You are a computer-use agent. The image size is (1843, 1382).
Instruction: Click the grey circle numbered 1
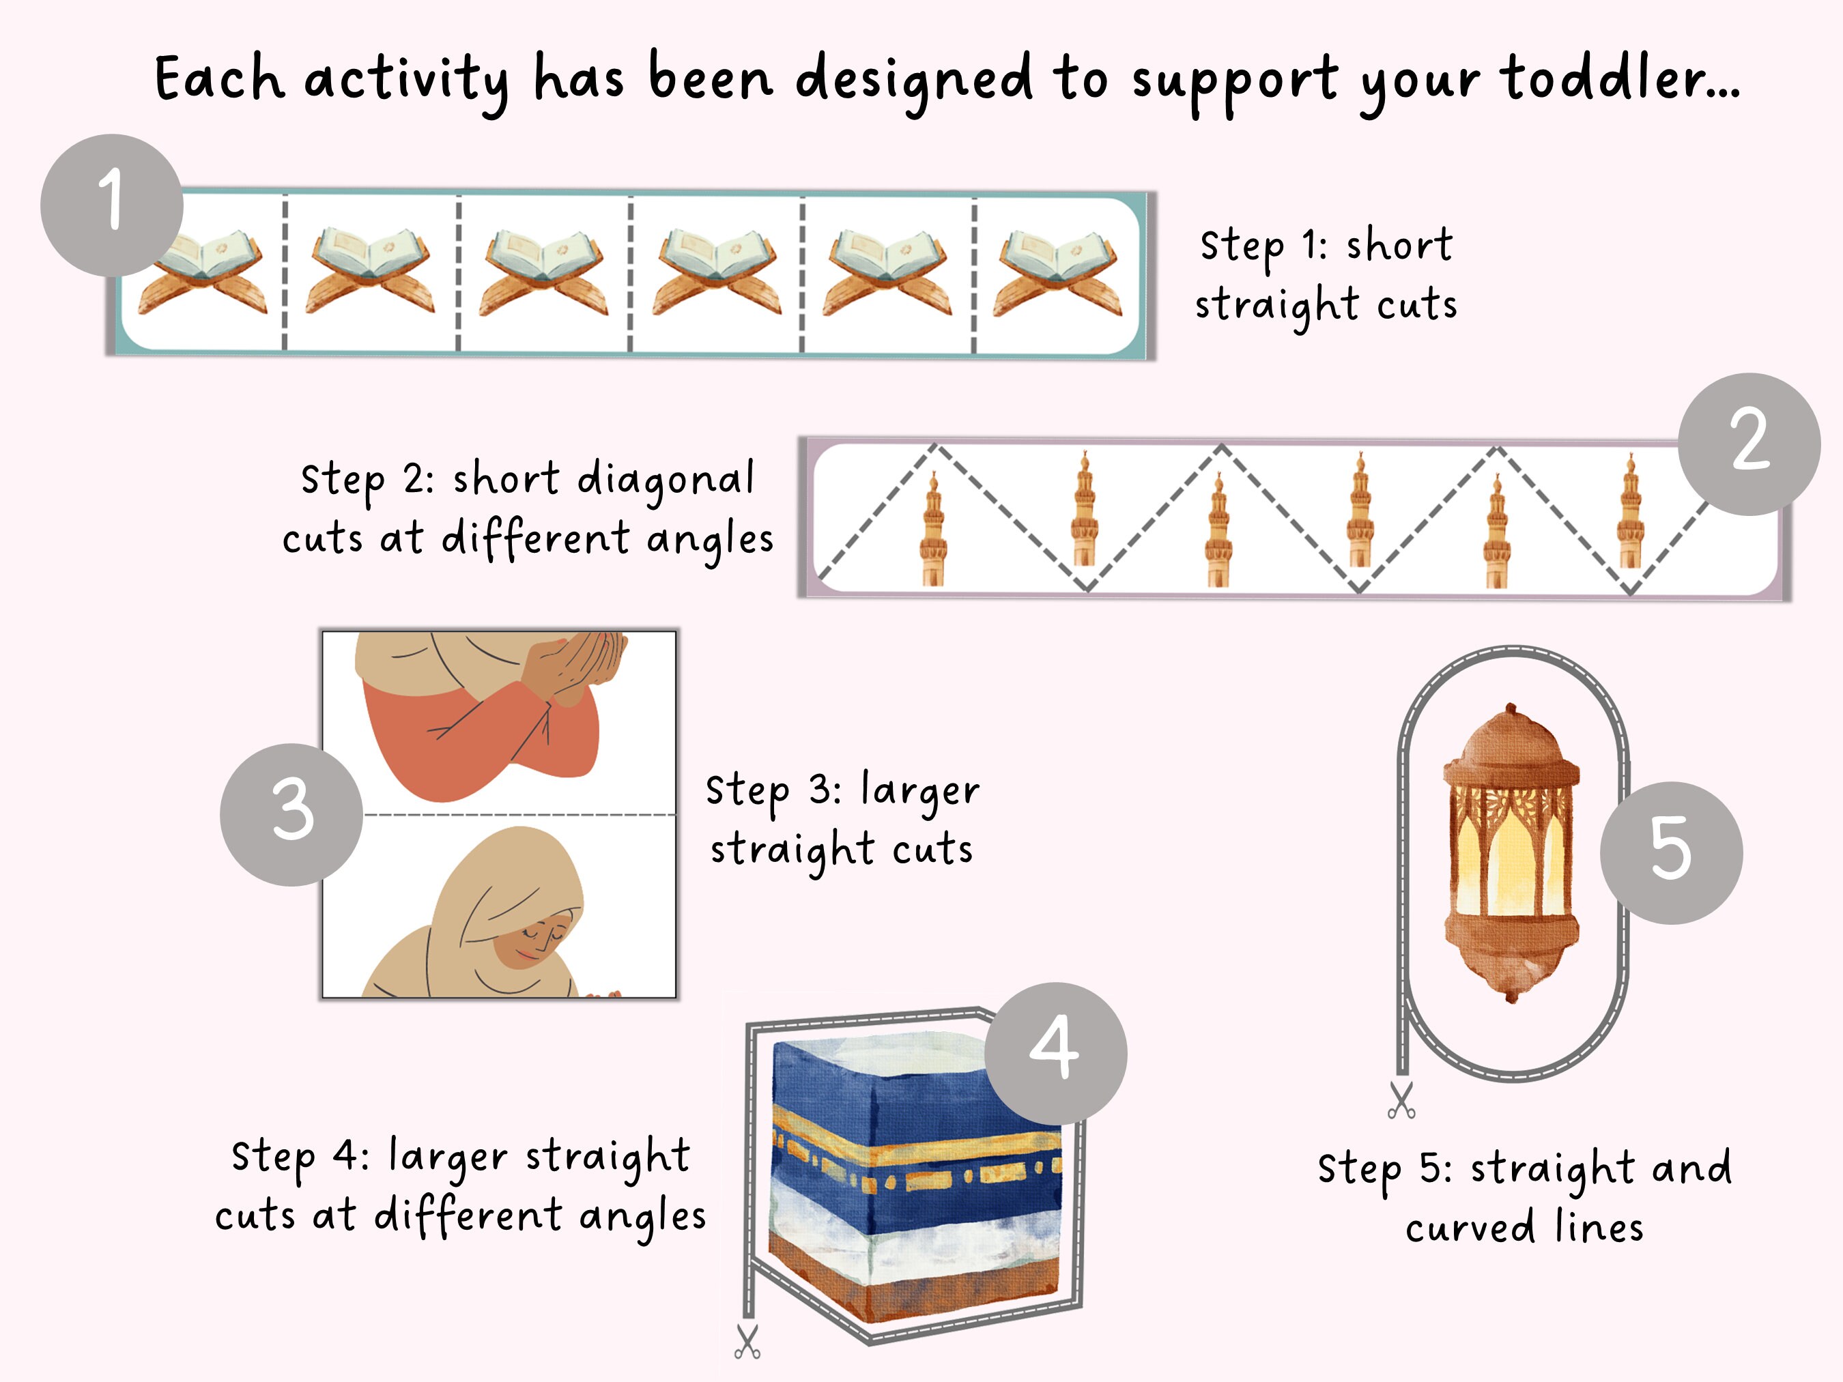(x=112, y=204)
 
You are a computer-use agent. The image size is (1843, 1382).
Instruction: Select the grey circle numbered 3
(x=291, y=814)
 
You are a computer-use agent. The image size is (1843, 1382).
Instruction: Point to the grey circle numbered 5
(x=1670, y=852)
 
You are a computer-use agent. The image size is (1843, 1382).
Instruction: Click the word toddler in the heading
(x=1619, y=79)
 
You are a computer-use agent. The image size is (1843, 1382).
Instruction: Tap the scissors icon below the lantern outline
(x=1401, y=1099)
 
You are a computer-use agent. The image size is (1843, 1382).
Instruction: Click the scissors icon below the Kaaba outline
(x=747, y=1342)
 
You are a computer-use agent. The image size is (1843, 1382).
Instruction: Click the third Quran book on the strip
(x=544, y=273)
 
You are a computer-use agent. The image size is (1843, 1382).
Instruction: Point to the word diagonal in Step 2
(x=665, y=479)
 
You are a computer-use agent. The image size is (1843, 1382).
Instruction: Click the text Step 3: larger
(x=842, y=790)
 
